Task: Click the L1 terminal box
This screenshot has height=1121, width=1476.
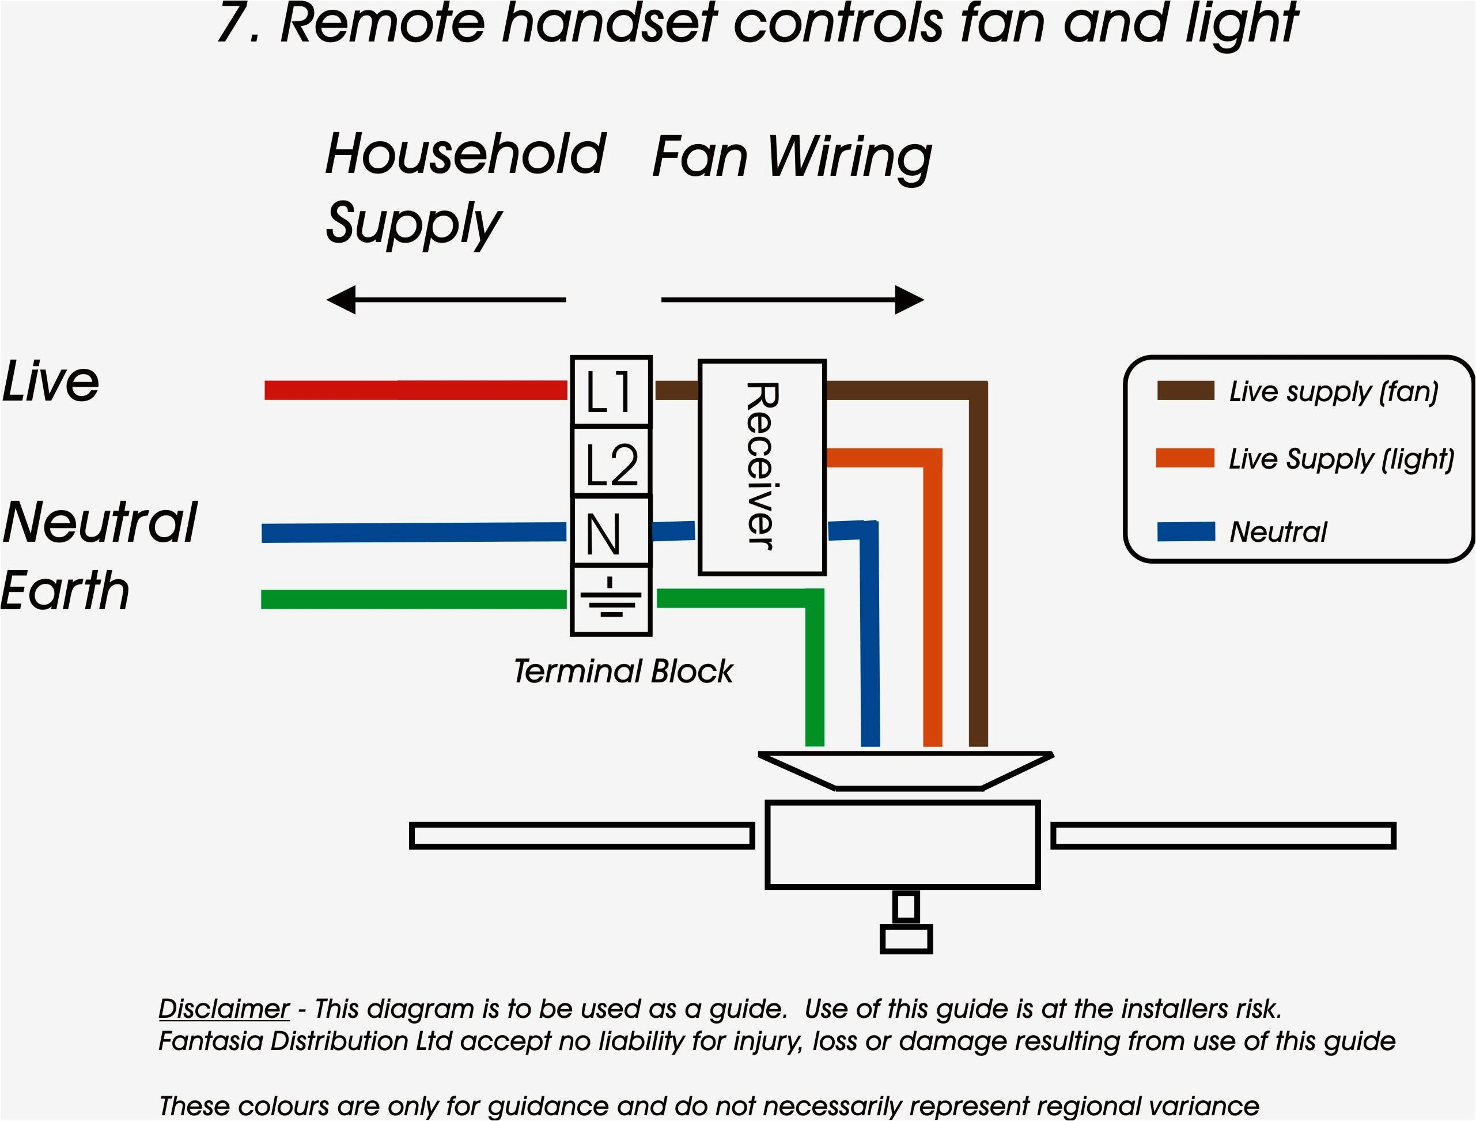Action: click(x=611, y=391)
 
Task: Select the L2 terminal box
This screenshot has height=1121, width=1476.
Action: click(x=611, y=462)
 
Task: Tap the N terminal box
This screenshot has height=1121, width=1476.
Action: click(x=611, y=532)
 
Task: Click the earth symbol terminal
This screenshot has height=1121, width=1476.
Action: click(x=611, y=600)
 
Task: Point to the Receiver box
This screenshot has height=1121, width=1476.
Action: click(x=762, y=467)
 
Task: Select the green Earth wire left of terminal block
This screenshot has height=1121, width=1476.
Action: click(x=413, y=599)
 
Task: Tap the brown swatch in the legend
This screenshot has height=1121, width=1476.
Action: click(x=1185, y=391)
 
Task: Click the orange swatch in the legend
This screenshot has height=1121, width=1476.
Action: click(x=1184, y=458)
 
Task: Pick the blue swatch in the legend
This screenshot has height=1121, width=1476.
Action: click(x=1186, y=531)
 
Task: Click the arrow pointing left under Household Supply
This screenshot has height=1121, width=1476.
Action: click(x=446, y=300)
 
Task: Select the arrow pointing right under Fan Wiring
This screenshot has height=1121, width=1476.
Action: click(x=793, y=300)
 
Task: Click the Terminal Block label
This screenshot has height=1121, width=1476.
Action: click(x=623, y=671)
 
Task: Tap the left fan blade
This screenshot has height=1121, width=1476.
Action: click(x=582, y=836)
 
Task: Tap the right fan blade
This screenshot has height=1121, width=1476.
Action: click(x=1223, y=836)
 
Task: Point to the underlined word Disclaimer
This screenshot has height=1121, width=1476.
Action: click(x=224, y=1009)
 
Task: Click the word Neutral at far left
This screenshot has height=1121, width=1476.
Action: click(x=100, y=522)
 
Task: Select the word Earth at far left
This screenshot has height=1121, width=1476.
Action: click(x=65, y=591)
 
